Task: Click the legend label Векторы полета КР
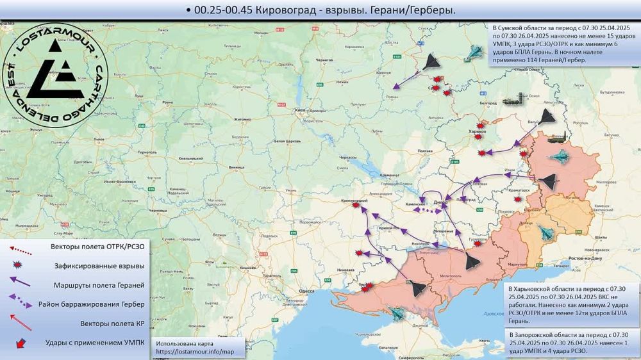click(x=113, y=323)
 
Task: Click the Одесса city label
click(x=306, y=291)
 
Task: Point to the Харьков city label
click(x=478, y=131)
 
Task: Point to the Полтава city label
click(x=424, y=151)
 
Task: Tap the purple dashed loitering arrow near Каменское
click(x=420, y=209)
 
